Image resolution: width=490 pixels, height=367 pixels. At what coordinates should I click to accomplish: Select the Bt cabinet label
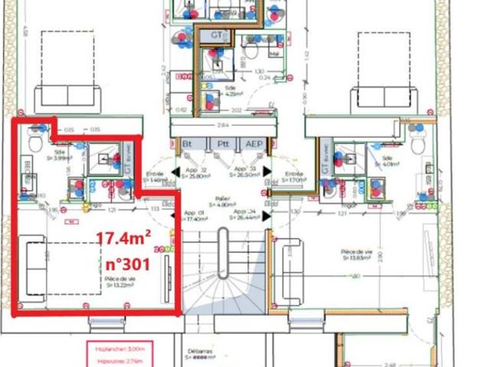pos(187,143)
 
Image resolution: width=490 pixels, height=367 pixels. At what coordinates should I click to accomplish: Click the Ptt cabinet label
pos(223,143)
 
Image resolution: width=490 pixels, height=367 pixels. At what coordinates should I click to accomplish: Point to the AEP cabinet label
pos(252,143)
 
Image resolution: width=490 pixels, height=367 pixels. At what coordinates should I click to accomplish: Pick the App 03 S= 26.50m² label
pos(244,172)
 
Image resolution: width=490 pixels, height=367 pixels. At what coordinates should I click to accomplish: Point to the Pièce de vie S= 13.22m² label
pos(121,283)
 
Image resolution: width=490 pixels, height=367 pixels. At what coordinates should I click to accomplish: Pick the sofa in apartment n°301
pos(31,270)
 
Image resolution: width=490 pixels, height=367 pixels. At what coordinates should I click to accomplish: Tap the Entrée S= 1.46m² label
pos(156,177)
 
